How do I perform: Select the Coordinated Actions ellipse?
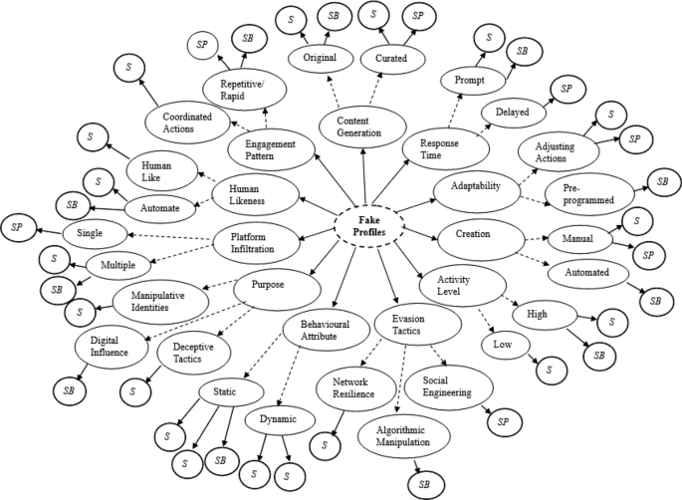pyautogui.click(x=184, y=123)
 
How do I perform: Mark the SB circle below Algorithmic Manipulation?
pyautogui.click(x=424, y=482)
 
